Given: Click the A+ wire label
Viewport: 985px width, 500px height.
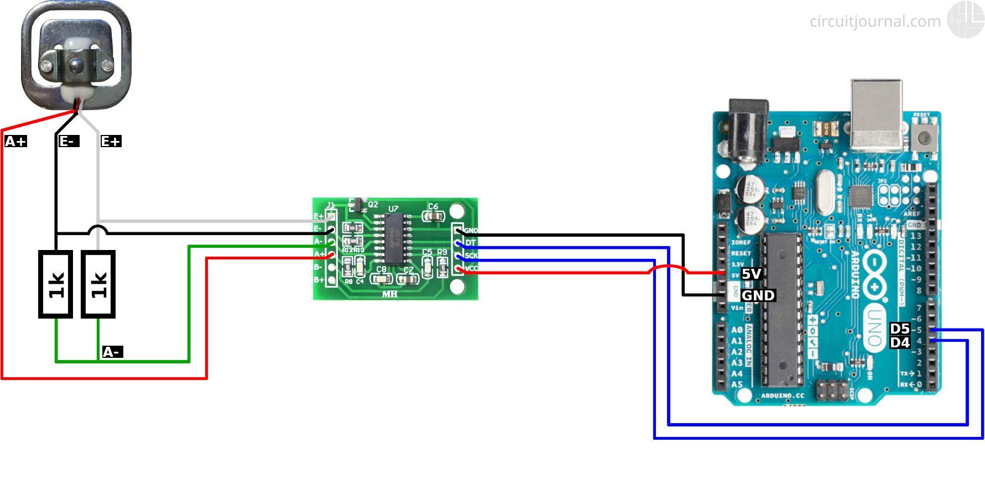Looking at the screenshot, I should pos(15,142).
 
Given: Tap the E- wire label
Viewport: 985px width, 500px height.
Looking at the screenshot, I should pos(69,142).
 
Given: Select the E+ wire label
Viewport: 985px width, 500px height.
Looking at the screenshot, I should pos(111,142).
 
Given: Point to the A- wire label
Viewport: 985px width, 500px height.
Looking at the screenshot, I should pos(112,352).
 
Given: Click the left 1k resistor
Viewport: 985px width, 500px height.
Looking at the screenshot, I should pos(55,284).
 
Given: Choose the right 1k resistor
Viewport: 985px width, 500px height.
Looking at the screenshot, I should pos(98,284).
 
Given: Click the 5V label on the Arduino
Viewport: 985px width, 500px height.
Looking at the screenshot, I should pos(752,274).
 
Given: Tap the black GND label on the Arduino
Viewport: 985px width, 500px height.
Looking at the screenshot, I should pos(758,295).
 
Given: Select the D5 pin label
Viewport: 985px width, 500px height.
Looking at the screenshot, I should pos(900,329).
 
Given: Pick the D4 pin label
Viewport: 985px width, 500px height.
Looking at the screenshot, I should pos(900,342).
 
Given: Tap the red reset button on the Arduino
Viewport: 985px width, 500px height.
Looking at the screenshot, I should pos(924,136).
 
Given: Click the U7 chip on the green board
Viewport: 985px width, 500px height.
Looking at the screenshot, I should pos(394,238).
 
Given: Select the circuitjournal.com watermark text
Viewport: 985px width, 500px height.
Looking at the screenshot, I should pos(875,22).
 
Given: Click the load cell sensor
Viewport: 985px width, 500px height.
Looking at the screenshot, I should pos(76,55).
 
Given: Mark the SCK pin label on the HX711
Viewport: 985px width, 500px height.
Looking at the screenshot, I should pos(471,256).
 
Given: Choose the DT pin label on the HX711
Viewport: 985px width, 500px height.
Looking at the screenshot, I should pos(471,243).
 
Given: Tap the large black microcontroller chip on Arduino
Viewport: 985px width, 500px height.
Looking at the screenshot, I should pos(782,310).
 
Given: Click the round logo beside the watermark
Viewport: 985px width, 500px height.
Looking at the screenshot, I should pos(966,19).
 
